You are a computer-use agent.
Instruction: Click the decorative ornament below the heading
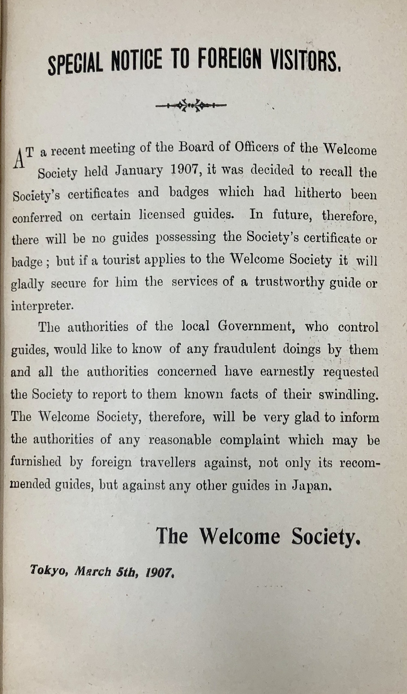191,106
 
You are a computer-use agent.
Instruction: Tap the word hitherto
318,193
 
